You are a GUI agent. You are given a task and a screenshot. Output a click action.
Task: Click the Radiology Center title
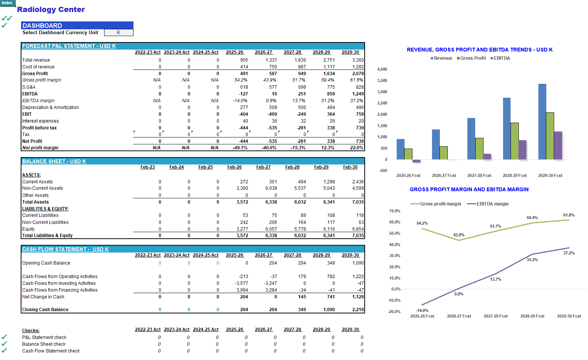(x=51, y=9)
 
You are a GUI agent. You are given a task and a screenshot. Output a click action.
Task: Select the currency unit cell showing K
(x=118, y=33)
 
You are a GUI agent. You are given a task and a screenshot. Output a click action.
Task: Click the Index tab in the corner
(x=7, y=3)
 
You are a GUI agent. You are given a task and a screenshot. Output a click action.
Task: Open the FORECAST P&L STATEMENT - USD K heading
(x=69, y=46)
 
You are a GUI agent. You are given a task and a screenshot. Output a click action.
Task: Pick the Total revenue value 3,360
(x=358, y=60)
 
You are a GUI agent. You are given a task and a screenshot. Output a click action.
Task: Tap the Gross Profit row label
(x=35, y=74)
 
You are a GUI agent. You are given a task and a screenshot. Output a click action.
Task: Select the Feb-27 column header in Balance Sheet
(x=263, y=167)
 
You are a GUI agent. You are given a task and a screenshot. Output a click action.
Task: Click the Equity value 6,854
(x=358, y=229)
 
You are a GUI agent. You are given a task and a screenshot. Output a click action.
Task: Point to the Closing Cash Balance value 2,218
(x=358, y=310)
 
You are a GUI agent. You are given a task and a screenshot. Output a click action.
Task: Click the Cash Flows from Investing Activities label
(x=59, y=283)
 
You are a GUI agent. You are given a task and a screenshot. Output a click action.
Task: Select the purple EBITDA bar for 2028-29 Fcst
(x=522, y=150)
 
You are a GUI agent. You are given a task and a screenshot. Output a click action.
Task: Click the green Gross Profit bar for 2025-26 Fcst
(x=408, y=154)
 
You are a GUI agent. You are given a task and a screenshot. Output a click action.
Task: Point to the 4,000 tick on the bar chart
(x=382, y=69)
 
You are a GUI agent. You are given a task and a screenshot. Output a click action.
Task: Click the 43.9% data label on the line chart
(x=459, y=235)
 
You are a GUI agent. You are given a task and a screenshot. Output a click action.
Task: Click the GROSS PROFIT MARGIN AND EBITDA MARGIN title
(x=469, y=189)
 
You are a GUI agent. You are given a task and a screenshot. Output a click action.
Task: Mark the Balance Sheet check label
(x=44, y=344)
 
